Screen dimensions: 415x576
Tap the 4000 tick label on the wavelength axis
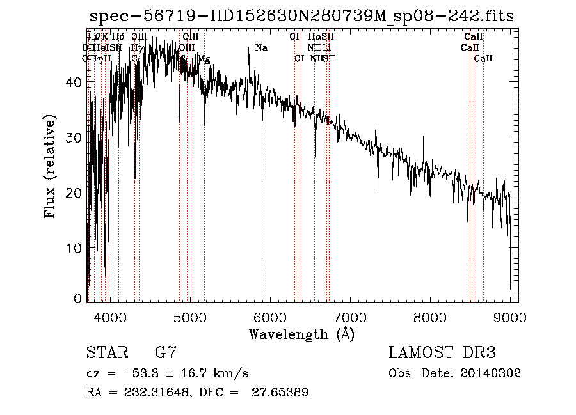click(109, 317)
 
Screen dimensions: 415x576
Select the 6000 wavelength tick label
click(269, 317)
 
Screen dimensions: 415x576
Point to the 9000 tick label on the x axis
click(509, 317)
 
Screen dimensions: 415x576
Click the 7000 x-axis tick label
click(349, 317)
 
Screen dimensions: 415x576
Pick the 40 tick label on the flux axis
click(74, 82)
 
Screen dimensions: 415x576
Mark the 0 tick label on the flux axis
click(77, 298)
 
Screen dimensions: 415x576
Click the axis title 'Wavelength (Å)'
click(301, 334)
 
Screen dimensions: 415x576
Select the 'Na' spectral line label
click(261, 47)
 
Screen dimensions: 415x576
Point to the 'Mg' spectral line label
click(204, 59)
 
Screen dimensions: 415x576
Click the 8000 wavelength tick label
click(429, 317)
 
